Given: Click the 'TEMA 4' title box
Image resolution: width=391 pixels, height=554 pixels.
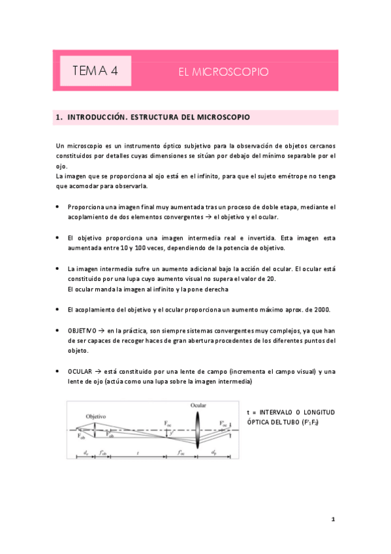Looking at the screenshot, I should pos(95,71).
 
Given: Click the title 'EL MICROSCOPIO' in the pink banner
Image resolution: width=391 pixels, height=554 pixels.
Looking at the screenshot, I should pos(223,72).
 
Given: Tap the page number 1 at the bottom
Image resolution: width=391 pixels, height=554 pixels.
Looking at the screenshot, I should pos(332,519).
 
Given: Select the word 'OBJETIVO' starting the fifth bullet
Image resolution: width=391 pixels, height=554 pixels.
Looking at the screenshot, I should pos(82,331).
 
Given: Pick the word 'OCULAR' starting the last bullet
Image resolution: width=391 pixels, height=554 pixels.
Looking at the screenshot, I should pos(80,372).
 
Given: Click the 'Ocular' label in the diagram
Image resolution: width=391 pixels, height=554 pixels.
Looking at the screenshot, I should pos(199,406).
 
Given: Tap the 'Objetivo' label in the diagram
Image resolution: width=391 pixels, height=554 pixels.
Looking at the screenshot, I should pos(97,415).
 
